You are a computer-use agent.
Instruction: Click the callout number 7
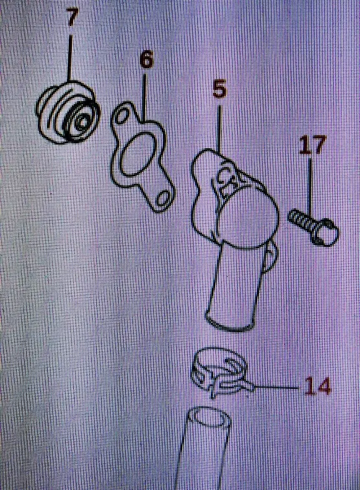pos(72,18)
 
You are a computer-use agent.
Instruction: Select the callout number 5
pos(219,89)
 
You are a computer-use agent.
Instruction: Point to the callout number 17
pos(312,145)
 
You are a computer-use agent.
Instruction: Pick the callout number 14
pos(317,386)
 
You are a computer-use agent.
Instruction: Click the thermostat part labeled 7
pos(68,112)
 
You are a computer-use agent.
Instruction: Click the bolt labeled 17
pos(313,227)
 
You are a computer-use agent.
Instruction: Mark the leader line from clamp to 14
pos(276,388)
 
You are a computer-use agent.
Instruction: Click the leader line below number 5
pos(219,130)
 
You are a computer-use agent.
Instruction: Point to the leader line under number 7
pos(70,58)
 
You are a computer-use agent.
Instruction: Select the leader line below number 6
pos(144,96)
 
